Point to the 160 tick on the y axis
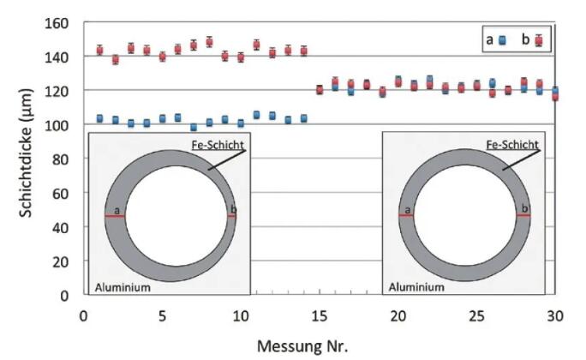coord(61,23)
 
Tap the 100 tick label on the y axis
coord(61,125)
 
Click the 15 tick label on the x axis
coord(320,315)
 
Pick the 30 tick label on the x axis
coord(555,315)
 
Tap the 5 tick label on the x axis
coord(163,315)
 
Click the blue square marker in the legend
coord(504,39)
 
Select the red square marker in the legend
coord(539,39)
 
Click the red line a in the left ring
coord(115,216)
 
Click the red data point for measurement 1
coord(99,50)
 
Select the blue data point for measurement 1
coord(99,118)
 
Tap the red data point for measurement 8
coord(209,42)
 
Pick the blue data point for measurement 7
coord(194,127)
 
